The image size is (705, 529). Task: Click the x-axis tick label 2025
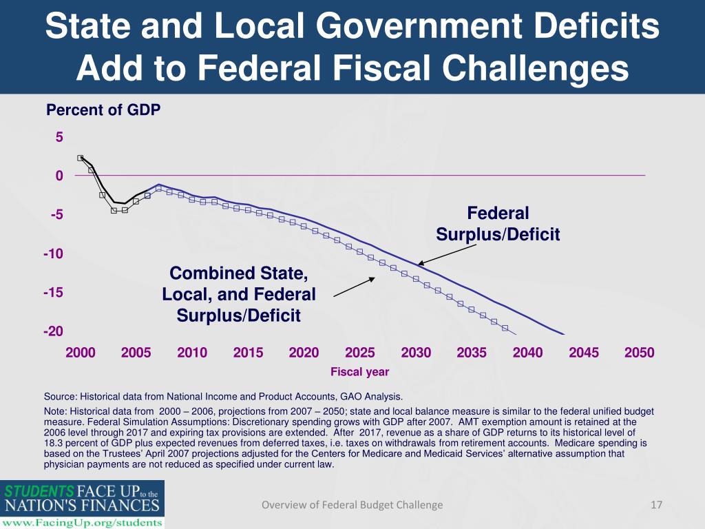click(359, 353)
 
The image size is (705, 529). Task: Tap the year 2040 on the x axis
click(527, 353)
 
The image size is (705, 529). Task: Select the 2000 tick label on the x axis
click(80, 353)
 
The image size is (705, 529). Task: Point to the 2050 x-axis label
click(639, 353)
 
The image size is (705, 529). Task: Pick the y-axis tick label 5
click(59, 137)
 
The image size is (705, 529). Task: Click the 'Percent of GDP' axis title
click(103, 110)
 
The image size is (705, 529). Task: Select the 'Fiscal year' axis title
click(359, 372)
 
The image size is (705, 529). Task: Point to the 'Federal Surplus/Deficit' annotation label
click(498, 224)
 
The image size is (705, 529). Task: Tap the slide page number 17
click(656, 505)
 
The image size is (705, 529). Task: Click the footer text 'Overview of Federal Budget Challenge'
click(352, 505)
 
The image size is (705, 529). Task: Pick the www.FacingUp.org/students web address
click(82, 522)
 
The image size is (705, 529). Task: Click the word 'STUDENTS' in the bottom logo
click(40, 492)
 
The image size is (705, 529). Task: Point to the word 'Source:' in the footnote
click(60, 397)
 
